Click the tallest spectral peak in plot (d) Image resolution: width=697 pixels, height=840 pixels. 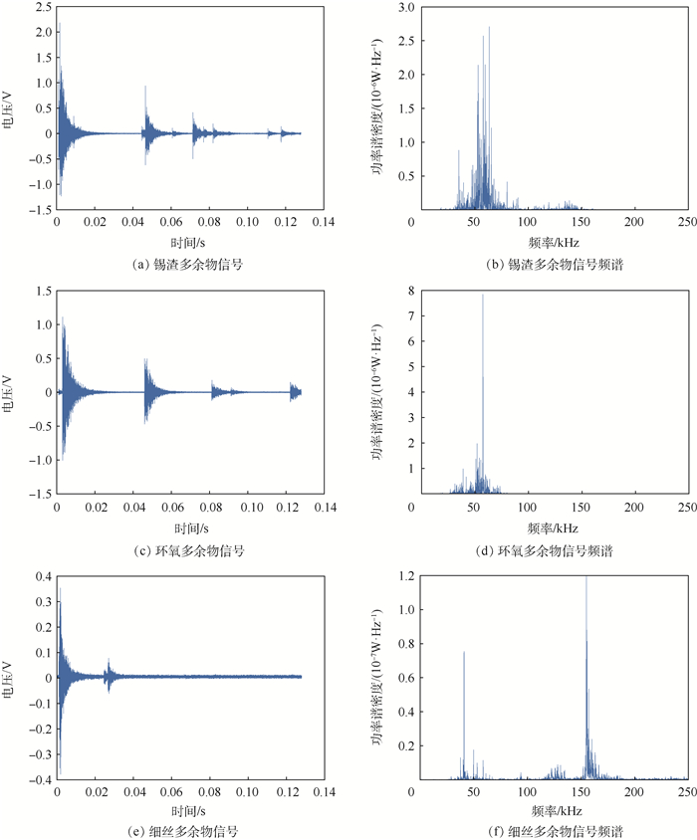(483, 295)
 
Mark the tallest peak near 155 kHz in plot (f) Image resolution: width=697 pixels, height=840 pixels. (586, 577)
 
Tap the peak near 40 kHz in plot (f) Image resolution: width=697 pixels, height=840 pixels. (464, 652)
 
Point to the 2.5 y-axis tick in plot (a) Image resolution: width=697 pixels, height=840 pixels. (41, 7)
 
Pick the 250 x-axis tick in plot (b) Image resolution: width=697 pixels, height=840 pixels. (687, 222)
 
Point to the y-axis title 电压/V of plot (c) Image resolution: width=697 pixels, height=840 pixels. (11, 392)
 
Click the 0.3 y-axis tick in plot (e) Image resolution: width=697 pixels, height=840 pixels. (41, 601)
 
